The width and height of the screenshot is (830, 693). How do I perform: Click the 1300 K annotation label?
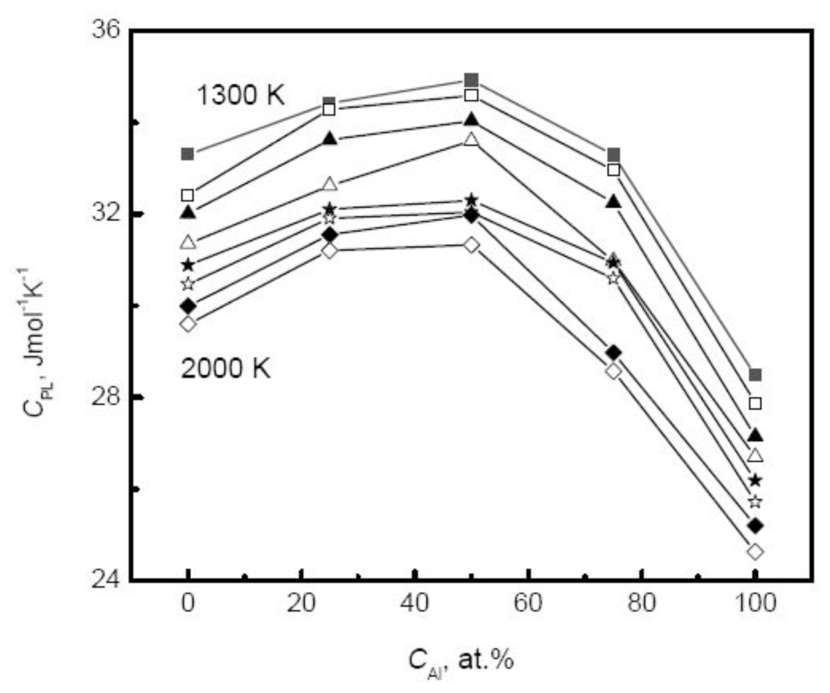click(x=240, y=95)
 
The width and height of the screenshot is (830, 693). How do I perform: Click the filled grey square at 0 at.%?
click(x=188, y=154)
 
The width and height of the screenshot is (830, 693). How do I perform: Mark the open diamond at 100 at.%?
click(x=755, y=552)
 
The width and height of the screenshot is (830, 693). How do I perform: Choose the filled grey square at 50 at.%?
click(x=472, y=80)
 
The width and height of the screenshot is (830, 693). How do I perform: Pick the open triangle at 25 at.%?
click(x=330, y=184)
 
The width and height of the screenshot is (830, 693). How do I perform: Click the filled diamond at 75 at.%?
click(x=613, y=353)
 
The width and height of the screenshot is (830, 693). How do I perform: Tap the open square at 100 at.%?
click(x=755, y=403)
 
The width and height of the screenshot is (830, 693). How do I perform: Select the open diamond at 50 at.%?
click(x=472, y=245)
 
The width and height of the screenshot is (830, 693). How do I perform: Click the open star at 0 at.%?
click(x=188, y=283)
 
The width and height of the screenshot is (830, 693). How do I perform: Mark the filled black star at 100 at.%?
click(x=755, y=480)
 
